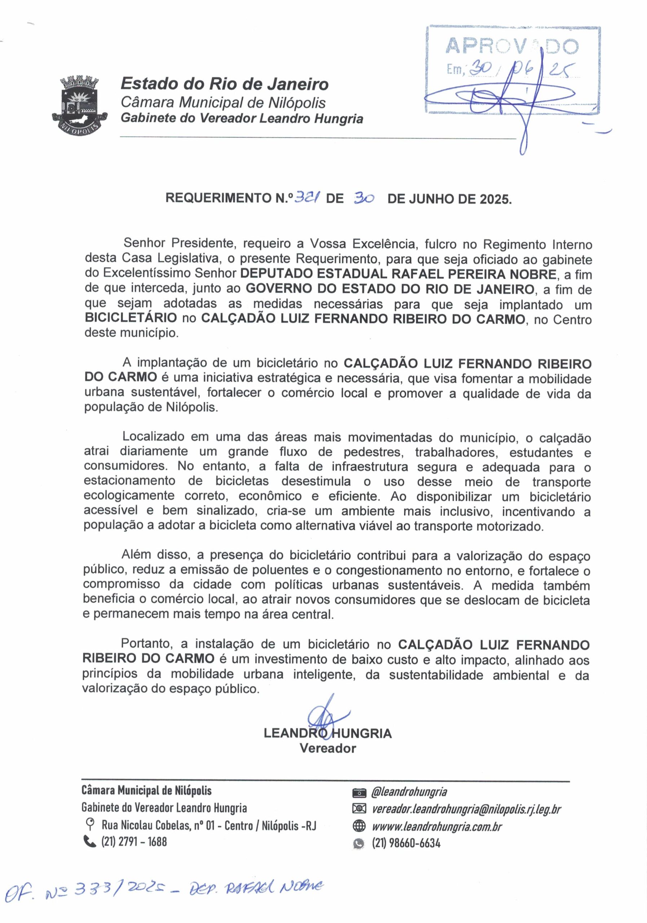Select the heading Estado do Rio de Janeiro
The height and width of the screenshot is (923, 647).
tap(224, 84)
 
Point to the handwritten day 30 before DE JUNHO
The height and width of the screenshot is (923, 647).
tap(364, 198)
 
